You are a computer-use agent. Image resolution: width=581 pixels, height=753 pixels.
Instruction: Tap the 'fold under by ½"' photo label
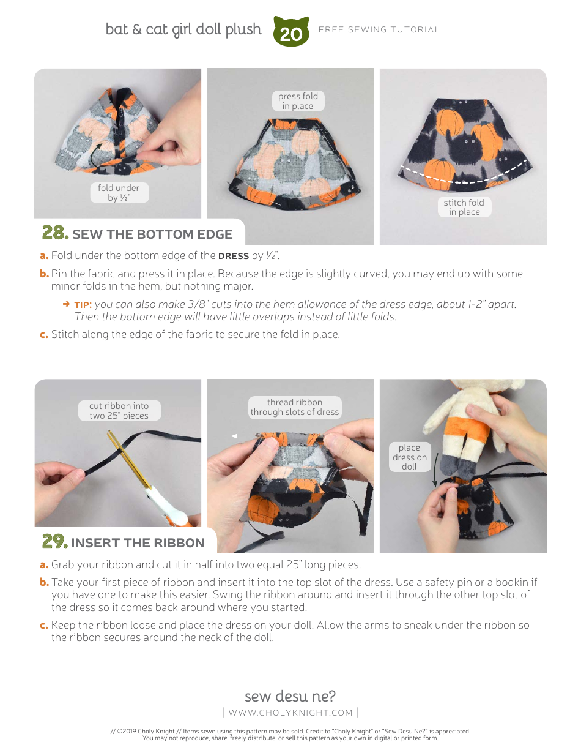click(119, 193)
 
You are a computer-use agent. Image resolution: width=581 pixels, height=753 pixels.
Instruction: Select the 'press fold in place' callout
click(298, 101)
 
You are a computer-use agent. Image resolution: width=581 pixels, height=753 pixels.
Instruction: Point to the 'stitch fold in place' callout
click(464, 207)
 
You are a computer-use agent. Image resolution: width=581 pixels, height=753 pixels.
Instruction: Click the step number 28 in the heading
click(54, 233)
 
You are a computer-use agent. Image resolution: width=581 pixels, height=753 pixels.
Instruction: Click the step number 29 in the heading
click(54, 542)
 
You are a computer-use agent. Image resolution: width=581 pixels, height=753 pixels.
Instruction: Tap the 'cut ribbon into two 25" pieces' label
click(119, 411)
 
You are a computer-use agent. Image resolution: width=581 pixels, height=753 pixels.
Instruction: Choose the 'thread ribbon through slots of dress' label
click(294, 407)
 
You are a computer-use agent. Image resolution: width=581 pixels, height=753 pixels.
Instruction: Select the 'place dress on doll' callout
click(409, 457)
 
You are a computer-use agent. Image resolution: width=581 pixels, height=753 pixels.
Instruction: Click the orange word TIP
click(83, 305)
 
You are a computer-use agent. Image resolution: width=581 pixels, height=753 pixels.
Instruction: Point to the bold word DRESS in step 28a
click(234, 256)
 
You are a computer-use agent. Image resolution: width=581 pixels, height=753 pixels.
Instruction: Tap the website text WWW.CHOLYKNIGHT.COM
click(290, 713)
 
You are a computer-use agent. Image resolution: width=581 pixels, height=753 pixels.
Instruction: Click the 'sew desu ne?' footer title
click(290, 696)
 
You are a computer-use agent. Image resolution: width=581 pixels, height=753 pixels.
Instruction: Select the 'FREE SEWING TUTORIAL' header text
click(379, 29)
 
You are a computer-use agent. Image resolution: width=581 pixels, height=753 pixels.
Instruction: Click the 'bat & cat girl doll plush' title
click(183, 29)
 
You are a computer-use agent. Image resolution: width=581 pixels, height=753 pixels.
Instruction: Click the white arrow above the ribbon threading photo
click(275, 436)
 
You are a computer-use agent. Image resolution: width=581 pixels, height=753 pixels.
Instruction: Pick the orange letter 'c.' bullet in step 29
click(44, 625)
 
